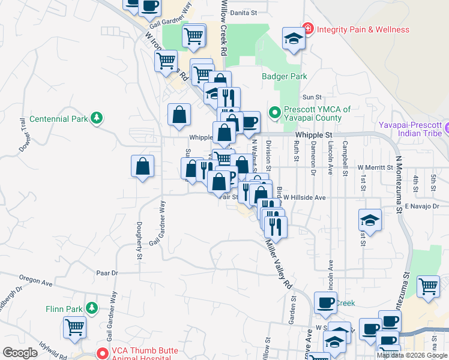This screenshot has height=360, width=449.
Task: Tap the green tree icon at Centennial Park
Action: pyautogui.click(x=97, y=119)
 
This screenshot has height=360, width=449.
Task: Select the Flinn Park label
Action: pyautogui.click(x=64, y=309)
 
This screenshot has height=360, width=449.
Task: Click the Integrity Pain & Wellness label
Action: pyautogui.click(x=363, y=29)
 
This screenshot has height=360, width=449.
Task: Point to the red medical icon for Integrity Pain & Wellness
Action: pyautogui.click(x=309, y=28)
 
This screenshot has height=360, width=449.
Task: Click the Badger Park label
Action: pyautogui.click(x=284, y=76)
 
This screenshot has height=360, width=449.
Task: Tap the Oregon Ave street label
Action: pyautogui.click(x=37, y=279)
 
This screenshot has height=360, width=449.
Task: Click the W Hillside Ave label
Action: pyautogui.click(x=304, y=197)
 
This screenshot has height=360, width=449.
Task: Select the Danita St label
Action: pyautogui.click(x=246, y=12)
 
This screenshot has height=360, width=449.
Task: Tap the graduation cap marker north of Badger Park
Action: pyautogui.click(x=293, y=40)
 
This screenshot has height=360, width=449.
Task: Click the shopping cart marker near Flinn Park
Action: pyautogui.click(x=75, y=328)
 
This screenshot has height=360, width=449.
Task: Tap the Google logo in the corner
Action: pyautogui.click(x=20, y=353)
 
